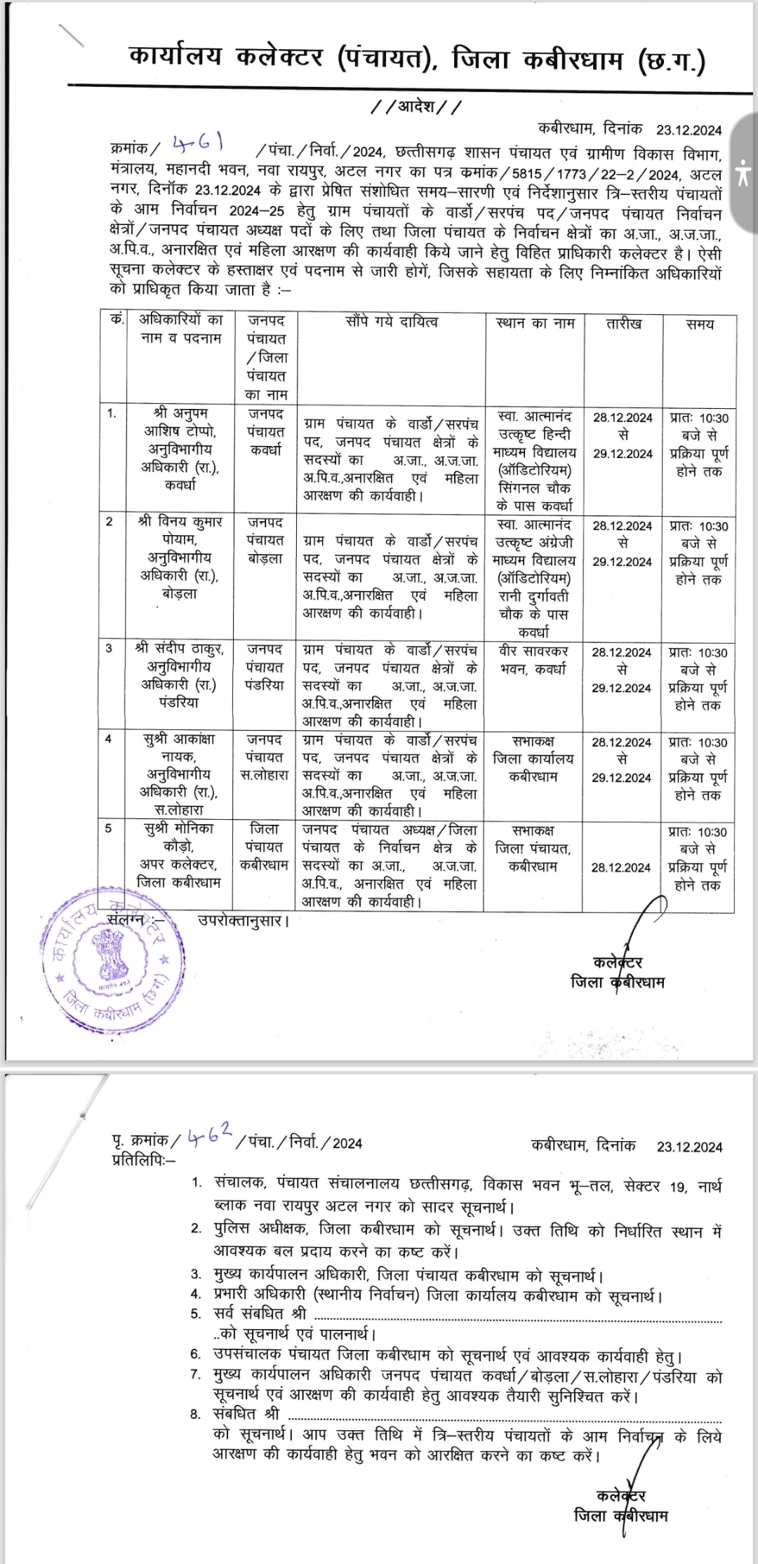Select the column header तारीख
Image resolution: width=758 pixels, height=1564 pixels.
tap(623, 324)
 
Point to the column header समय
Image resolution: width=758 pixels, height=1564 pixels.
tap(700, 324)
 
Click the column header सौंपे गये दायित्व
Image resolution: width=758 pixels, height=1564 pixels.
tap(392, 321)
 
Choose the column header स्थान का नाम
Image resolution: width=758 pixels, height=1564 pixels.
tap(535, 323)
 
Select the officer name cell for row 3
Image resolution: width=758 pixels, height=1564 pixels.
tap(180, 675)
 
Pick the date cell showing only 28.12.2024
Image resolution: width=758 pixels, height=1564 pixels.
tap(621, 868)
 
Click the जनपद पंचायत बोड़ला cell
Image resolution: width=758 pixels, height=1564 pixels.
tap(266, 541)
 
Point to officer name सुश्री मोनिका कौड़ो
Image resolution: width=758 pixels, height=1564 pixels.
tap(180, 856)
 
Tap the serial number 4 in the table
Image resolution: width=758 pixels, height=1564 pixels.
tap(109, 739)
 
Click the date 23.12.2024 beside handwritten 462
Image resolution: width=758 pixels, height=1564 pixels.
tap(689, 1147)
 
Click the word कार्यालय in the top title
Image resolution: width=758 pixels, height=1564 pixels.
tap(175, 57)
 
